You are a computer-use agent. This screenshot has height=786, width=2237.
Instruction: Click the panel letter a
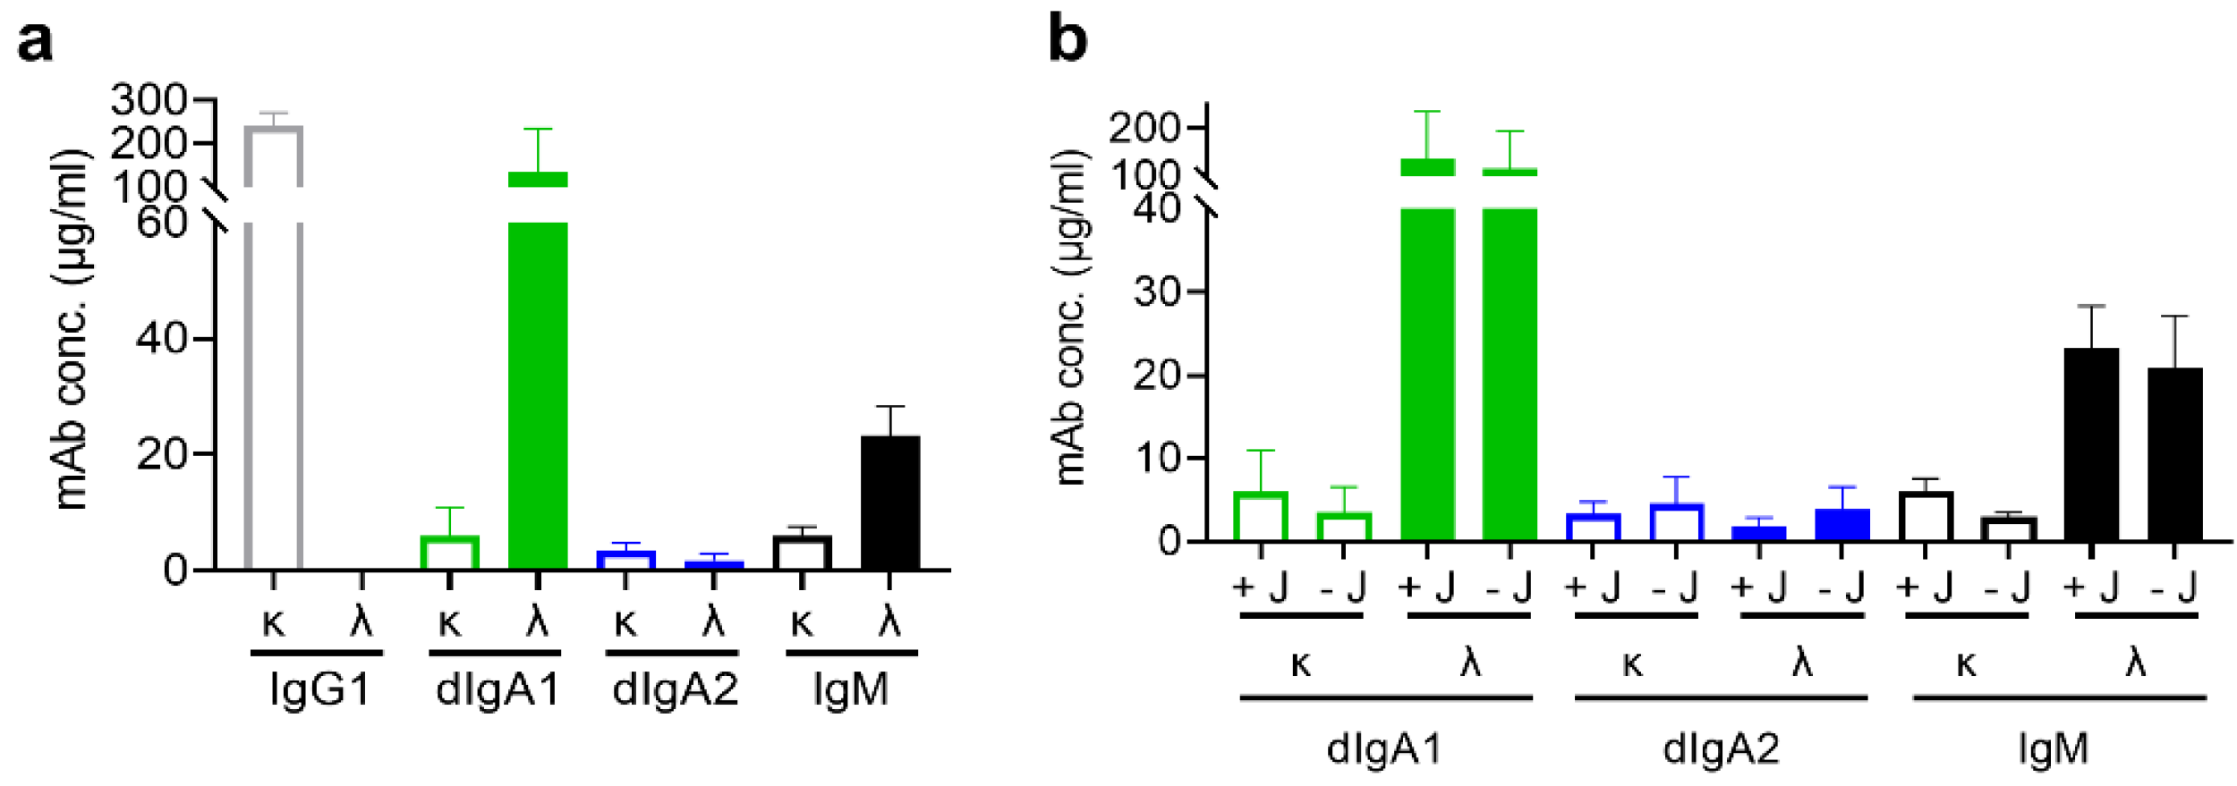35,42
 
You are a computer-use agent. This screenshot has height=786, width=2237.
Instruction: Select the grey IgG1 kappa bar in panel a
274,358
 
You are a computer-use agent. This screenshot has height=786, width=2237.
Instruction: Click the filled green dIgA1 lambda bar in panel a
538,393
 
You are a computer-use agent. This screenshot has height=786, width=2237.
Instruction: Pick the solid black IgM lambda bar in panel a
889,503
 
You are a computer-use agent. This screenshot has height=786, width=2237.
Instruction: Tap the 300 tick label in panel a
149,100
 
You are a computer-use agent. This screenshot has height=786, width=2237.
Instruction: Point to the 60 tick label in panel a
162,222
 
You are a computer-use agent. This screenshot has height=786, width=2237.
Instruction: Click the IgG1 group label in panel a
319,689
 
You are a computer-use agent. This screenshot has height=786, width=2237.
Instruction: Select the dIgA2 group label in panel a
675,689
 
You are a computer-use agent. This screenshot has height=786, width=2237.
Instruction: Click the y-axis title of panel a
72,331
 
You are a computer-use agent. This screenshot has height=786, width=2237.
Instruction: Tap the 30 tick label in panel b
1156,292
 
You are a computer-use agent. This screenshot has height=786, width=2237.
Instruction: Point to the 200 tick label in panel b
1144,129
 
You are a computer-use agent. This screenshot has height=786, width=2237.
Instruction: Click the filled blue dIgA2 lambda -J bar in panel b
1841,525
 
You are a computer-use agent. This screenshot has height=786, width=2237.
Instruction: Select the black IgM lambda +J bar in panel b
2091,444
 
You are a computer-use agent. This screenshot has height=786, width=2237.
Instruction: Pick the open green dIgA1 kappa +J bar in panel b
1260,517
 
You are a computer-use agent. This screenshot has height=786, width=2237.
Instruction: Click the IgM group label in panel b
2054,748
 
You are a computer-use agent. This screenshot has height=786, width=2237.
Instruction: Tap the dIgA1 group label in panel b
1384,748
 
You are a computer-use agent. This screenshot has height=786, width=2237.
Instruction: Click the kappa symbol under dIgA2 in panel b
1632,664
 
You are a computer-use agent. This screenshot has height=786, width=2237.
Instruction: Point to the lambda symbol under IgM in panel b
2135,663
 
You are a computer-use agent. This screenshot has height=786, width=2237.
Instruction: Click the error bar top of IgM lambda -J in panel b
2174,317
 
